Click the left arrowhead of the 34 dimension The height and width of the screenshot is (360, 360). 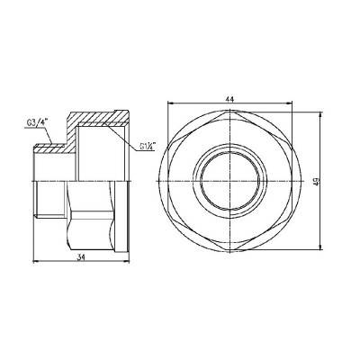tap(35, 261)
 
